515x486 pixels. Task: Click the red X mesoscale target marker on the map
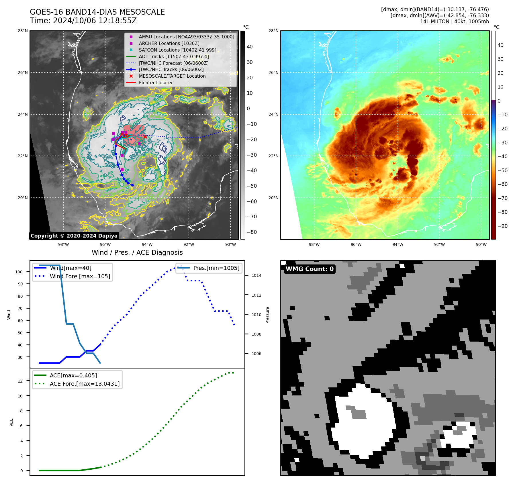click(145, 137)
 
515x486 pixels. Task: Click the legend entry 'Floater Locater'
click(156, 83)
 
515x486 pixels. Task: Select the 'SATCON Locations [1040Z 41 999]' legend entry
click(177, 50)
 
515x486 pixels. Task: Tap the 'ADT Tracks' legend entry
click(174, 56)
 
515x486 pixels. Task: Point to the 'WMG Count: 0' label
click(310, 269)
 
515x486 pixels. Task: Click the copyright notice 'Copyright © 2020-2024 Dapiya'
click(74, 236)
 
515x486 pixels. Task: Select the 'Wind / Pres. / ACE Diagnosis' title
click(137, 252)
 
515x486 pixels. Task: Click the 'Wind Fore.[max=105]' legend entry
click(80, 276)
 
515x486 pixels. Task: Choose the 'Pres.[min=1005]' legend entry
click(216, 268)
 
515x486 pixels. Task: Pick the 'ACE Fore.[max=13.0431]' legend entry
click(85, 384)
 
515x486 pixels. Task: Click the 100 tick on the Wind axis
click(19, 272)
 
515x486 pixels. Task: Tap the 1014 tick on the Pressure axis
click(256, 276)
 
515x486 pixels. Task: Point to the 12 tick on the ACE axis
click(20, 381)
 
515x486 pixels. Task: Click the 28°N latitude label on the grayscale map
click(23, 31)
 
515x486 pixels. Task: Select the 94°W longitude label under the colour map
click(397, 244)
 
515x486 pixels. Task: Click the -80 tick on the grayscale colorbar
click(252, 232)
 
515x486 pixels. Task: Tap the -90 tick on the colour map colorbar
click(502, 226)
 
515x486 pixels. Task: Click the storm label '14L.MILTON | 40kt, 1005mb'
click(454, 21)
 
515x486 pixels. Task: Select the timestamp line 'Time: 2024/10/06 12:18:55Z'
click(83, 21)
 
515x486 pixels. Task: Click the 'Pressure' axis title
click(267, 315)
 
